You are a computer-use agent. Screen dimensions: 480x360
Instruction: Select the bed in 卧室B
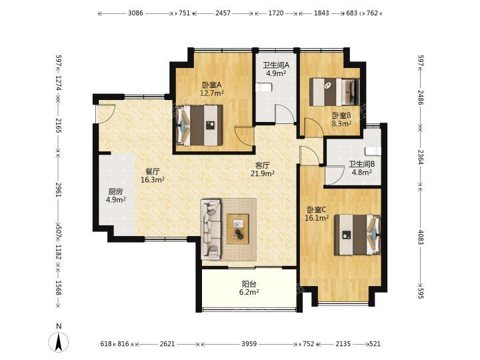[x=334, y=92]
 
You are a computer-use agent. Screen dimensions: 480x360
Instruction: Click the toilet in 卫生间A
[x=263, y=87]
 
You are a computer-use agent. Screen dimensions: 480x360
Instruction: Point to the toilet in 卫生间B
[x=373, y=151]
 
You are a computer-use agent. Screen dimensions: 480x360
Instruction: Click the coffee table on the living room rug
[x=237, y=229]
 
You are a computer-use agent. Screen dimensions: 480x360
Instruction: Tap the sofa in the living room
[x=211, y=230]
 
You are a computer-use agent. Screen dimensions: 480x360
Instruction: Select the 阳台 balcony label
[x=249, y=284]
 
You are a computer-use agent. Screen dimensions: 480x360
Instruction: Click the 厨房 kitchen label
[x=115, y=192]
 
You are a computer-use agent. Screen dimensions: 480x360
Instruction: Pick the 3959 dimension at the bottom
[x=249, y=344]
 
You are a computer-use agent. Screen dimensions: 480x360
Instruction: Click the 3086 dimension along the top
[x=135, y=13]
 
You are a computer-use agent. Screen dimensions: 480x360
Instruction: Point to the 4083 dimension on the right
[x=421, y=237]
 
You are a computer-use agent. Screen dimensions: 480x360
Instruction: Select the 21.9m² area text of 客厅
[x=263, y=173]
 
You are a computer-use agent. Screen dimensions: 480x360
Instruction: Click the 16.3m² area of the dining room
[x=153, y=180]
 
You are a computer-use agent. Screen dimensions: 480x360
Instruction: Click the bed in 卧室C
[x=357, y=235]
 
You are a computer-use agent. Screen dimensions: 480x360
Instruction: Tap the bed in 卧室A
[x=199, y=125]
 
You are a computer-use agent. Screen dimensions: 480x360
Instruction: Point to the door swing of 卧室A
[x=244, y=136]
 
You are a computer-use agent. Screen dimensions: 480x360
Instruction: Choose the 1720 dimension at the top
[x=276, y=13]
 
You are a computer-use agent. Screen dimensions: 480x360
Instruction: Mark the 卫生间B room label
[x=362, y=165]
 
